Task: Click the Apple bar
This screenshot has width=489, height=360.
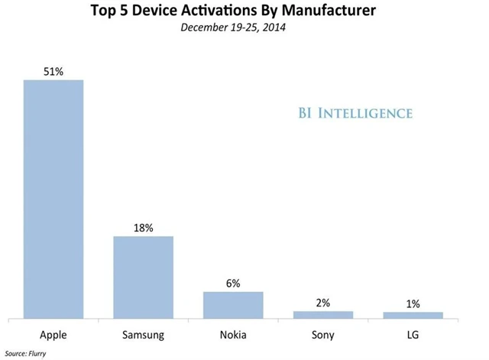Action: [53, 199]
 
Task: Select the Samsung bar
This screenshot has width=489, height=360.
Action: [144, 277]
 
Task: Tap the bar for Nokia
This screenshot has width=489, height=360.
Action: [233, 304]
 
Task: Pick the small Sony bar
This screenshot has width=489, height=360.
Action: [322, 314]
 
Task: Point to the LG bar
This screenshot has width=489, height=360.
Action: [413, 315]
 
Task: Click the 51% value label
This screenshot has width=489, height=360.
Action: [53, 72]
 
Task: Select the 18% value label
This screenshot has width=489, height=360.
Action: [144, 228]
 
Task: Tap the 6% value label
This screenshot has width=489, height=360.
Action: [233, 284]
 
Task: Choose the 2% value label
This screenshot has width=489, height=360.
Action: [322, 303]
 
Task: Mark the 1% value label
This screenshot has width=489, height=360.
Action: [413, 303]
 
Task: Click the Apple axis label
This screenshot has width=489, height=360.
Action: [53, 334]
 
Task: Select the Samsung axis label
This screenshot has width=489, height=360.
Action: [144, 334]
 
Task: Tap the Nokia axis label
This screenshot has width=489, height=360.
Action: [233, 334]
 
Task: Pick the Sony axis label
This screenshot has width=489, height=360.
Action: [322, 334]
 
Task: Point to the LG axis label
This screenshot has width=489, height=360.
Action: [413, 334]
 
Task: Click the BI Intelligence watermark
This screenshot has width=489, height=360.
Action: [356, 114]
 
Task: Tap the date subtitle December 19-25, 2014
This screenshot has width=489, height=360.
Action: [244, 28]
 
